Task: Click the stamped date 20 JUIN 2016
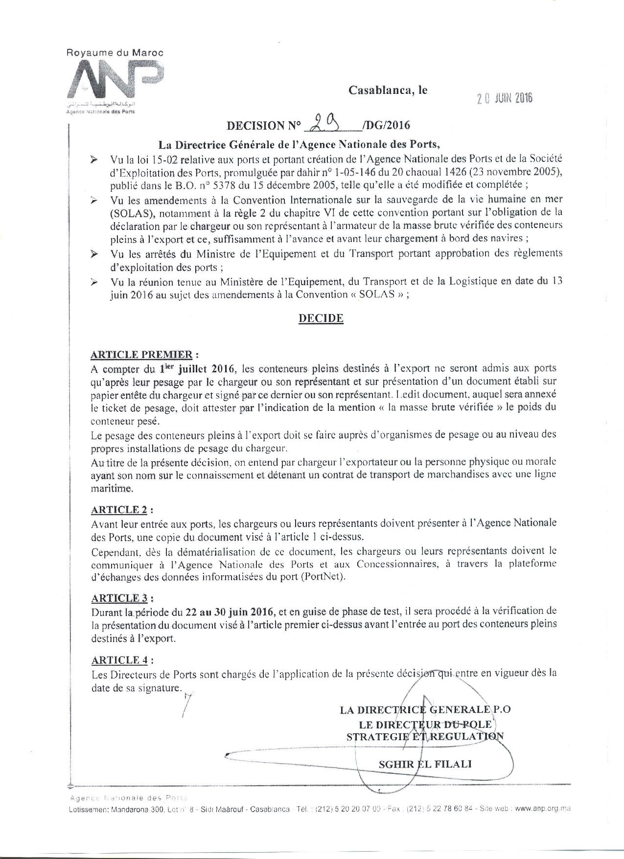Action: (x=505, y=97)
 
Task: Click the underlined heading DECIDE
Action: (x=321, y=318)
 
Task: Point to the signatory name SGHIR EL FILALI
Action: (x=425, y=764)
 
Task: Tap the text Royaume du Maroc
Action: (x=115, y=52)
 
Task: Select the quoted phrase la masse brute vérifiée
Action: (x=435, y=407)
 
